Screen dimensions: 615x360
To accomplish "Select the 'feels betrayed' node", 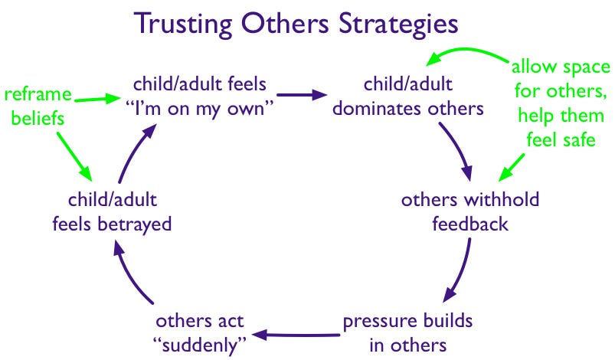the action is [111, 213].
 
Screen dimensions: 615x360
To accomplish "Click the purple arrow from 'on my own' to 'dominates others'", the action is [299, 97].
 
